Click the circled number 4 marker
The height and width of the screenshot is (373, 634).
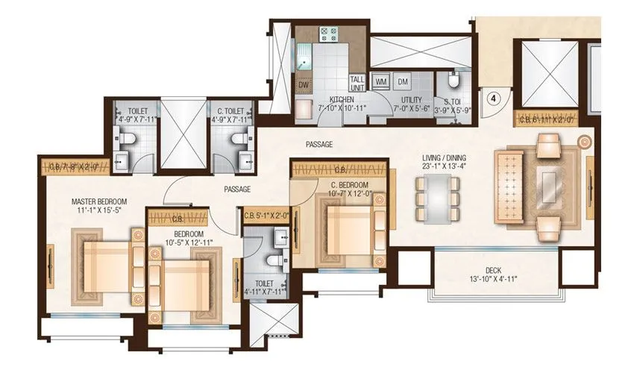click(x=493, y=96)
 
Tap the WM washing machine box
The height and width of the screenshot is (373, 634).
click(x=380, y=81)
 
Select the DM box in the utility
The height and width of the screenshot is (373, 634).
click(x=403, y=81)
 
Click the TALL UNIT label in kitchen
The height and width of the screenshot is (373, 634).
click(x=357, y=81)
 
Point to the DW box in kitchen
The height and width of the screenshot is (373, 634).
click(x=304, y=84)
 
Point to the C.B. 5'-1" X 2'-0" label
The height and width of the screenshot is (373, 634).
click(x=266, y=216)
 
